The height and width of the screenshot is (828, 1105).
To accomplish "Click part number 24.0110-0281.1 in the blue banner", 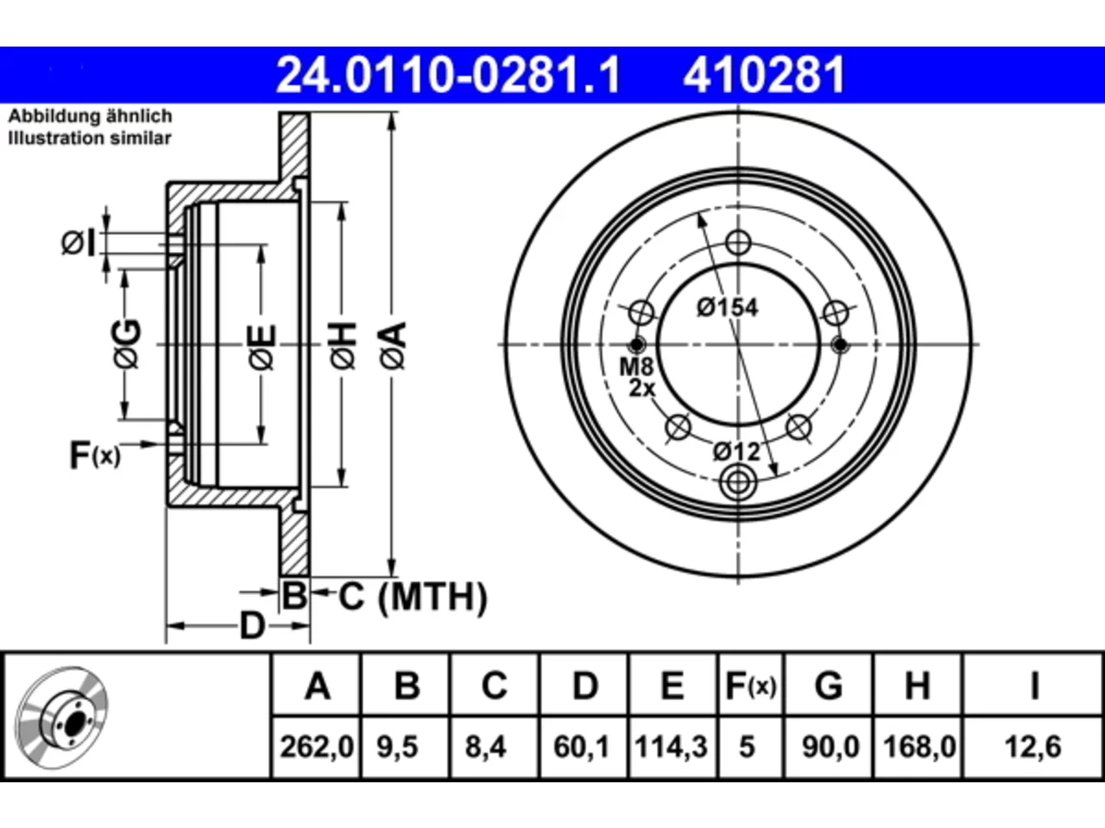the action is point(449,75).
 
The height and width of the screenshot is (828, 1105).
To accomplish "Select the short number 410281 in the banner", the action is point(764,75).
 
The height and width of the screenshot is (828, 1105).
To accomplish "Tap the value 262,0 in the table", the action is point(317,747).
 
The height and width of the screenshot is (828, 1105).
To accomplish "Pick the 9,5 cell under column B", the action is point(398,747).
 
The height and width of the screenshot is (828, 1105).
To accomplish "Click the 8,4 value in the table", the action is point(486,747).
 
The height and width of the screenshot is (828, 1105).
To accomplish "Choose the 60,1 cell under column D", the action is point(582,747).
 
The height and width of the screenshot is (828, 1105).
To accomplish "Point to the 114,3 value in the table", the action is point(672,747).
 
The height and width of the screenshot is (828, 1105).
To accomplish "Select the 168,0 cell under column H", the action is point(919,747).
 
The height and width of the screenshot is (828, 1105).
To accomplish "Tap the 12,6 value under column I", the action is point(1033,747).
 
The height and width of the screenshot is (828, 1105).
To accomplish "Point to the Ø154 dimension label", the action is point(728,308).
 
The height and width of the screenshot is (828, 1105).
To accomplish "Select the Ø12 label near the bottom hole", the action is point(736,452).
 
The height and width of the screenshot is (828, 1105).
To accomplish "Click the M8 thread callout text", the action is point(636,367).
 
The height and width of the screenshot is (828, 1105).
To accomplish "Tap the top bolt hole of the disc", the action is point(738,243).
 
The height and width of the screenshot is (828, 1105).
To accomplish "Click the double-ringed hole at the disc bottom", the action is point(738,483).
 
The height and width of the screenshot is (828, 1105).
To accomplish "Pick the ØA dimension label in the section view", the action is point(393,345).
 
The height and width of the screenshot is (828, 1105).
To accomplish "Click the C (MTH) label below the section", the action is point(413,597).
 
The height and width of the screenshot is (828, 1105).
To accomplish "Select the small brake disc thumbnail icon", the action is point(61,718).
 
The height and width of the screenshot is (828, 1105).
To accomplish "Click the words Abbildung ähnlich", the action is point(90,116).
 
